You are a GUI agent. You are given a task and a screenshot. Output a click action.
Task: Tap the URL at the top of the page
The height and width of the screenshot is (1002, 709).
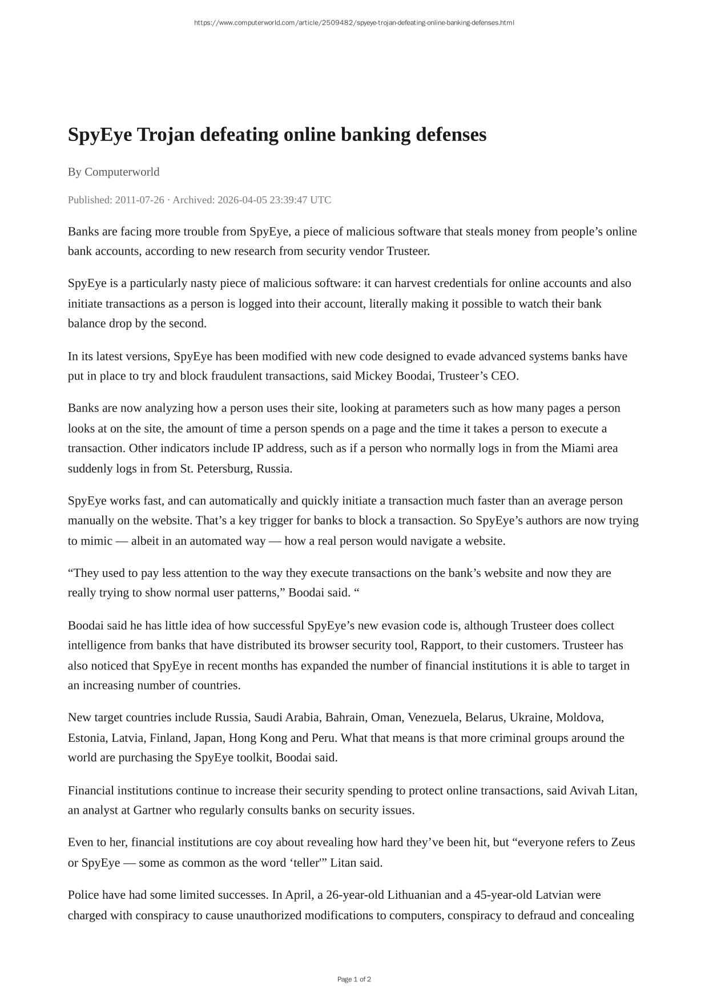click(x=354, y=23)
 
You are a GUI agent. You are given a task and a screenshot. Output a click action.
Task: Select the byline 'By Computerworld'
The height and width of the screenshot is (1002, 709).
click(x=114, y=172)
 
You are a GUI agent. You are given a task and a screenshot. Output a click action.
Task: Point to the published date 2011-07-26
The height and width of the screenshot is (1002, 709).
click(x=139, y=200)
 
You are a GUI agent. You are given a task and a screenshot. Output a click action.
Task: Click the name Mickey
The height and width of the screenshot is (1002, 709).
click(x=373, y=375)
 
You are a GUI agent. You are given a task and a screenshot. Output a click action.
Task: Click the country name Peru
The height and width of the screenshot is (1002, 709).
click(x=323, y=738)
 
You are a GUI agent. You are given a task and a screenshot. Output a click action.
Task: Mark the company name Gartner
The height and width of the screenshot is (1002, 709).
click(x=152, y=810)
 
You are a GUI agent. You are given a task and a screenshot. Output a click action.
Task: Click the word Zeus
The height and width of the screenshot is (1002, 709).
click(x=623, y=842)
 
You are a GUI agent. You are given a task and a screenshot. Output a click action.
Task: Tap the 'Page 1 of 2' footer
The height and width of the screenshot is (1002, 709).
click(x=354, y=979)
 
